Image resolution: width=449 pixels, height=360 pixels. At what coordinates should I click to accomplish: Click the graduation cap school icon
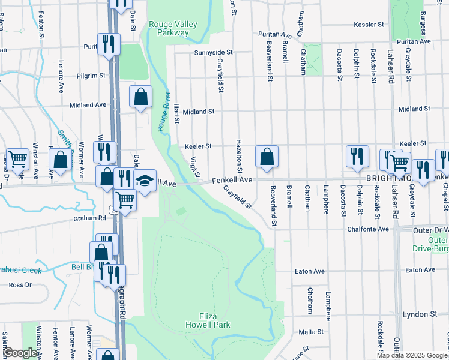click(x=145, y=181)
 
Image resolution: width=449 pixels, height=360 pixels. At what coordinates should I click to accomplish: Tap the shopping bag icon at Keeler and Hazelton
click(x=267, y=157)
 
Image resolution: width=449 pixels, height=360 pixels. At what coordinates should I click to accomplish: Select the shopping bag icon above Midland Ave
click(x=140, y=97)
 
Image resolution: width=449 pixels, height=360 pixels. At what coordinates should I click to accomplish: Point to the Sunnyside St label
click(x=212, y=53)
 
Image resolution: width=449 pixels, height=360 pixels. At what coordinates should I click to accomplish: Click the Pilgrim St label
click(x=91, y=76)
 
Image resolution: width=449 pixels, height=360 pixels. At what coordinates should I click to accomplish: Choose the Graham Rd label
click(x=89, y=218)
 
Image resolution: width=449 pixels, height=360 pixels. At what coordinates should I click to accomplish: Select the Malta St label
click(x=311, y=331)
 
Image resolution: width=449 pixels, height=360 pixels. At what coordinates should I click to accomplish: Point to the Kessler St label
click(x=369, y=25)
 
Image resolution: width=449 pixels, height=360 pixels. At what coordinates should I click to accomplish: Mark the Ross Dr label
click(x=20, y=285)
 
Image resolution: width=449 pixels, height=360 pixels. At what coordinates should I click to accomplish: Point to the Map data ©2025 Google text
click(x=411, y=355)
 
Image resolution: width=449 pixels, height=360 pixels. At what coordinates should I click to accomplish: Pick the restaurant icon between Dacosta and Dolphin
click(x=357, y=155)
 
